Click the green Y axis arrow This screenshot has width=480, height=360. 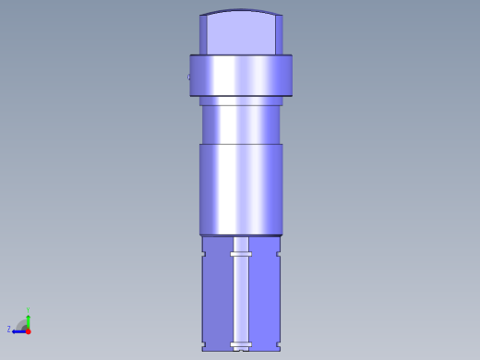click(28, 318)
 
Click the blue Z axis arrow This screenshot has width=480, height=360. click(18, 330)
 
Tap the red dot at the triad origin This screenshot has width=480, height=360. click(28, 330)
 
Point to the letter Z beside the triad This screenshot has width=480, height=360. click(9, 329)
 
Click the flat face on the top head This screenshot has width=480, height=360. click(241, 35)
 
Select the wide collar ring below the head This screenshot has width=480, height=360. click(241, 76)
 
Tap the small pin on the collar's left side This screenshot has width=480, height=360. click(189, 77)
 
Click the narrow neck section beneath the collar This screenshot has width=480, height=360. click(241, 124)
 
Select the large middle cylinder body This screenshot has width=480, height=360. click(241, 188)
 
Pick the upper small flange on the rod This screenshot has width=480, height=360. click(242, 253)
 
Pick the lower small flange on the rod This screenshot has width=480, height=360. click(242, 345)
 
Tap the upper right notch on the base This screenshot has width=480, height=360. click(279, 252)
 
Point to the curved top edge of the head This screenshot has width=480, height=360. click(241, 11)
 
